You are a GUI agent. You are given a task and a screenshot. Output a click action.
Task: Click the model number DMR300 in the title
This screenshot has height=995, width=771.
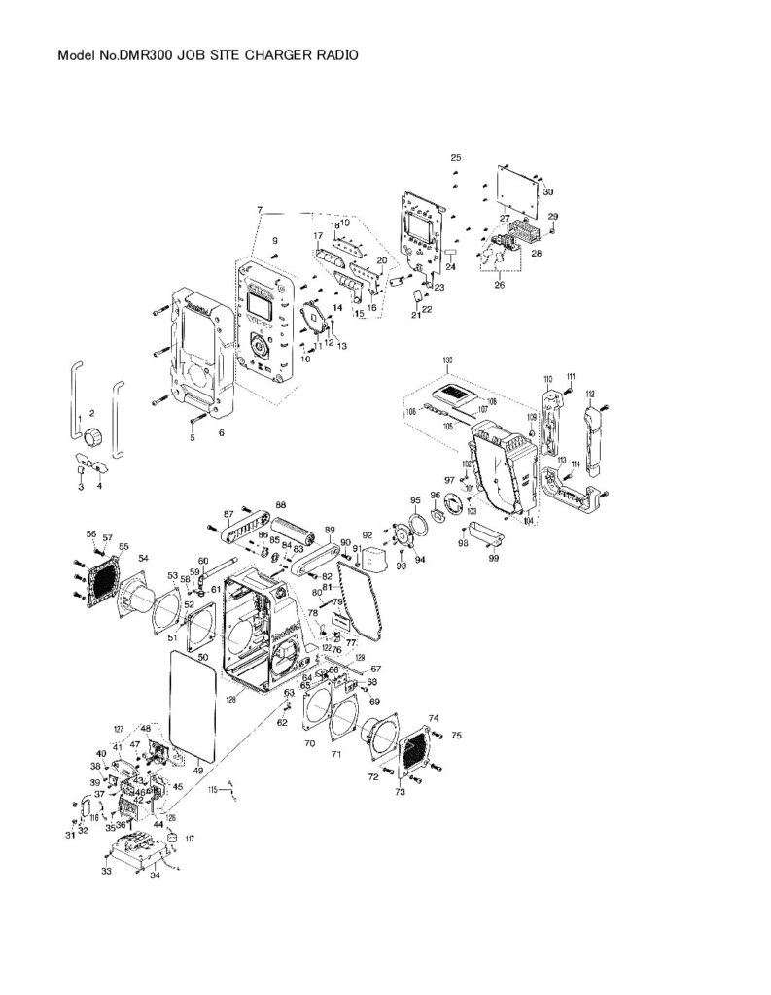click(x=147, y=56)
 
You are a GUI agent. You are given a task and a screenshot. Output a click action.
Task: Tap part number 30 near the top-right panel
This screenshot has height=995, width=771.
click(x=547, y=192)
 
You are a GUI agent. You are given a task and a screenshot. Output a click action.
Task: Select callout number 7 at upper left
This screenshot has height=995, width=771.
click(x=260, y=211)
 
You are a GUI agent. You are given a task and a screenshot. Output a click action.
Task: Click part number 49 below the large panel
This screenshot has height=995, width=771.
click(x=198, y=771)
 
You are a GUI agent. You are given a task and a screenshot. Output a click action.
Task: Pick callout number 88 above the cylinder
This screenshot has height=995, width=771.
click(x=281, y=505)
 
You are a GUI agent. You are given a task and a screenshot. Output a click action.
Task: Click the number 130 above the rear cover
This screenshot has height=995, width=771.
click(x=447, y=360)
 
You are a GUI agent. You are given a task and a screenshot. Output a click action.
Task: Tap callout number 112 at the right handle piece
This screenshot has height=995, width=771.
click(x=590, y=394)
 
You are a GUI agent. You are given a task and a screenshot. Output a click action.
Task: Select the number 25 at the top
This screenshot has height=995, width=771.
click(x=455, y=157)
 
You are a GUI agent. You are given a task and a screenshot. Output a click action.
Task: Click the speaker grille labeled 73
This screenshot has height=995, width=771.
click(x=415, y=750)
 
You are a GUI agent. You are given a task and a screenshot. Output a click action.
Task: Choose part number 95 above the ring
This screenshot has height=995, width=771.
click(x=414, y=499)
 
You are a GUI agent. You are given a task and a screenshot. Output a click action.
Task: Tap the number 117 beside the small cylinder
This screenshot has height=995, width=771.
click(x=190, y=838)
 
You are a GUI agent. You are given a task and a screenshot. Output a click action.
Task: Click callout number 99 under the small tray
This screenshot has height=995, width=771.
click(x=493, y=559)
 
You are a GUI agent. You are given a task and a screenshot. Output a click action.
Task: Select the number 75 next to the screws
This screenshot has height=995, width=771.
click(x=457, y=736)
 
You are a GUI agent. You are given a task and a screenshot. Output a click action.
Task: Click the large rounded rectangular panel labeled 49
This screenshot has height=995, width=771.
click(x=192, y=704)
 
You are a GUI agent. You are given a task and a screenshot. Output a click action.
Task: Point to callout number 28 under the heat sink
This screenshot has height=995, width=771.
click(x=535, y=254)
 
